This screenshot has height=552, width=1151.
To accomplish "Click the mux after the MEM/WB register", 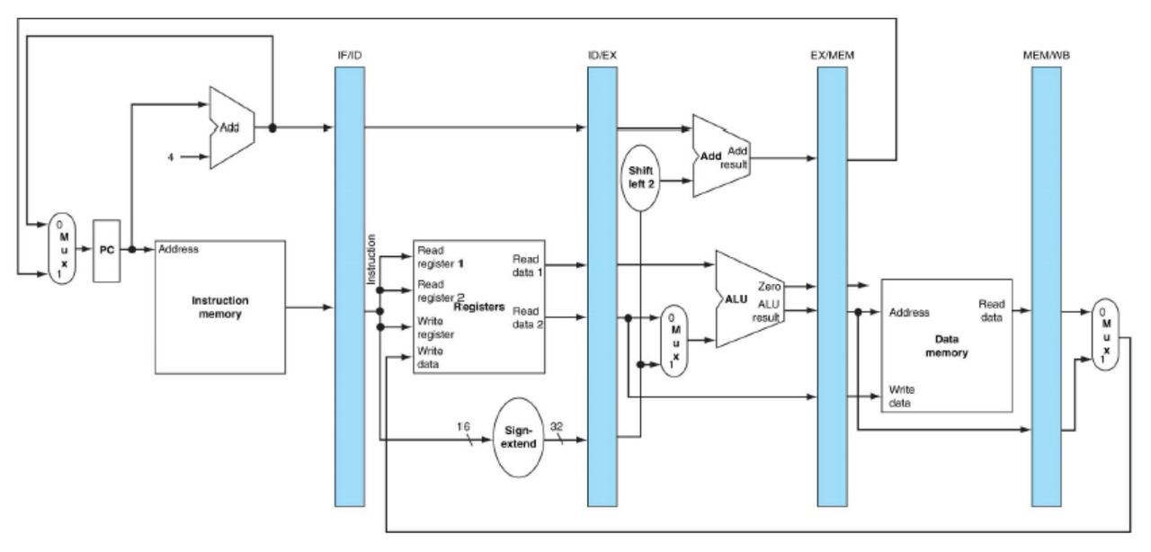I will tap(1103, 334).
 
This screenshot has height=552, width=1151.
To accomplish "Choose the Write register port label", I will tap(436, 327).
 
